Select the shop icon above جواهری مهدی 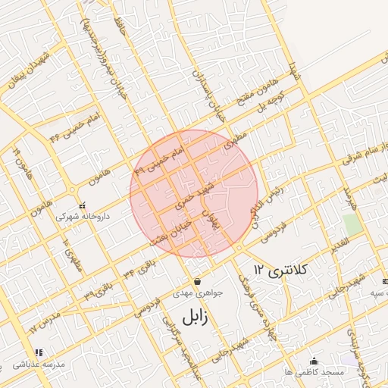coord(197,281)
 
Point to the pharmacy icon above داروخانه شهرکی coord(83,205)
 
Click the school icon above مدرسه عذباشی coord(39,352)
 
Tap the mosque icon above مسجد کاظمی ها coord(314,361)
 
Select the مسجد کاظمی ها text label coord(321,373)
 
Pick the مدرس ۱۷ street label coord(44,321)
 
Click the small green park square coord(350,224)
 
